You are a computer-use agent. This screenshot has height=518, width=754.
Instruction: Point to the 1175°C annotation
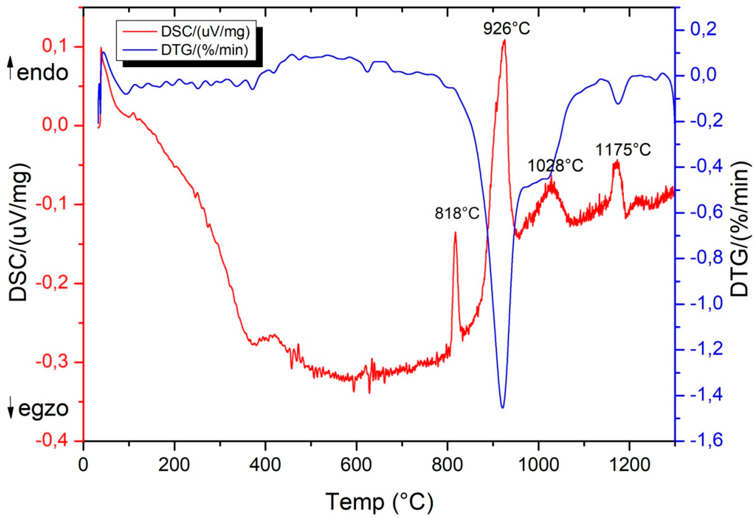click(x=623, y=150)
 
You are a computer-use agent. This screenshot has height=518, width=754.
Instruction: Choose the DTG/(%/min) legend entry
click(x=205, y=50)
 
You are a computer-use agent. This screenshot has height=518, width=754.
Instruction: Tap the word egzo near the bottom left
click(x=43, y=409)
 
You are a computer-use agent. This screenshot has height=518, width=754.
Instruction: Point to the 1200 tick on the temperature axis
click(x=630, y=465)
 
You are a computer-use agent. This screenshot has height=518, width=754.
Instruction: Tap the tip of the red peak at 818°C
click(x=455, y=232)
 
